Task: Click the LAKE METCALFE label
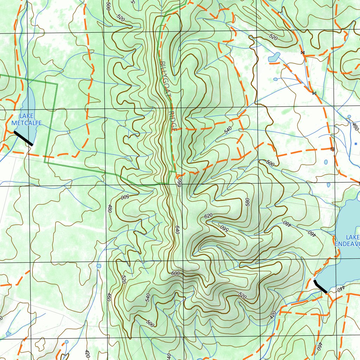point(26,120)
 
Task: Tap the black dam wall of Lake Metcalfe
point(23,138)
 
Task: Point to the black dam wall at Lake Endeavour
point(320,287)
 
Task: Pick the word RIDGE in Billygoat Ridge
point(172,122)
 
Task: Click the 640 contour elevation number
point(177,230)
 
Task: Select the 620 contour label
point(208,216)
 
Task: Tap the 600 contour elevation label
point(175,274)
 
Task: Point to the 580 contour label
point(247,202)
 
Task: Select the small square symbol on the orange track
point(332,149)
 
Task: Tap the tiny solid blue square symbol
point(356,144)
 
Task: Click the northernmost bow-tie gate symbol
point(302,53)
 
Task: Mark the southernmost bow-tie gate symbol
point(314,93)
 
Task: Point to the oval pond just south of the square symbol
point(326,162)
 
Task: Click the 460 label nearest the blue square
point(355,127)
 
